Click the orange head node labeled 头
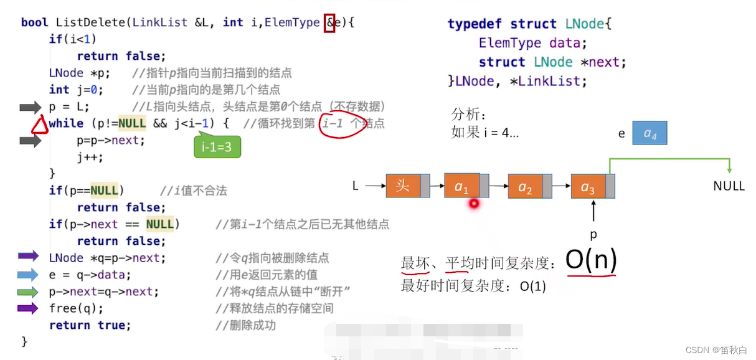403,186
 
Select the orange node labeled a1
461,186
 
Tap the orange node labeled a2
525,186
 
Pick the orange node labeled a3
588,186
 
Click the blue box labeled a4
650,133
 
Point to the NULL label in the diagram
729,186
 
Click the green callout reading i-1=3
216,148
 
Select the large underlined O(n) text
590,260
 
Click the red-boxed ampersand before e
329,23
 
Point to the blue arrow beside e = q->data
29,275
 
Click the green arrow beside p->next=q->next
29,291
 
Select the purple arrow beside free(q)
29,308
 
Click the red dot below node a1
474,203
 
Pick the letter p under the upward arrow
593,235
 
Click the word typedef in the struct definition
475,24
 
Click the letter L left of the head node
356,186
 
